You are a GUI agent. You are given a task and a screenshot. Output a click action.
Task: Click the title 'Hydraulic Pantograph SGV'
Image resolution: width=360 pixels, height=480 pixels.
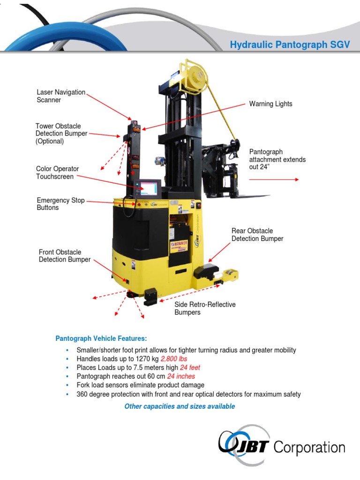[290, 45]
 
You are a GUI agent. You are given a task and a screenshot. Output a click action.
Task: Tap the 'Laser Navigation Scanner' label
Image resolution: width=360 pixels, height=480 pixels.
[61, 96]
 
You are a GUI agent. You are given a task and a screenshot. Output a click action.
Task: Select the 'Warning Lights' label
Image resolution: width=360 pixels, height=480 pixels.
[270, 104]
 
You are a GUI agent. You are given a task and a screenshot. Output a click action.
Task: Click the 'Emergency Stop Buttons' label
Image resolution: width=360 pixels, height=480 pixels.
[60, 204]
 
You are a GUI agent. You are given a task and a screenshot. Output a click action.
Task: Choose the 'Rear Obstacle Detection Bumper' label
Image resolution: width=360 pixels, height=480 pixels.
[257, 235]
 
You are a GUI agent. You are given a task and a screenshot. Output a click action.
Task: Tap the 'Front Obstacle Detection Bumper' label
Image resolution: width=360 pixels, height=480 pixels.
[65, 256]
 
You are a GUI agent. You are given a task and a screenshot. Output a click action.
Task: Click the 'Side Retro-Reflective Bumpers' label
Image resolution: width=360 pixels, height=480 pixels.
[205, 308]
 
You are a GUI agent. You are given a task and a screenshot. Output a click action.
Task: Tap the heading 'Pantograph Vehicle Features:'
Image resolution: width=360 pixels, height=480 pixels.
[101, 338]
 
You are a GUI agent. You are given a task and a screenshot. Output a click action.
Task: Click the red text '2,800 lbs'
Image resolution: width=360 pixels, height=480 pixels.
[174, 359]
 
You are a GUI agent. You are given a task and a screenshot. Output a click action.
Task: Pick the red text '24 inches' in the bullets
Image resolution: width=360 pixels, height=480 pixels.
[181, 376]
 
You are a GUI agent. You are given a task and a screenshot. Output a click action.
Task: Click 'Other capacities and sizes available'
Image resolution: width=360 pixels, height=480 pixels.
[180, 406]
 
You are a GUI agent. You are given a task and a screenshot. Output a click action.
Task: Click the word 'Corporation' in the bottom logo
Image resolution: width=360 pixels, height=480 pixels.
[309, 447]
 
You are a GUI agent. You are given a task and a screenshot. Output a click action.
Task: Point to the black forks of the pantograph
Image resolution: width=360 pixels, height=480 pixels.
[253, 196]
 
